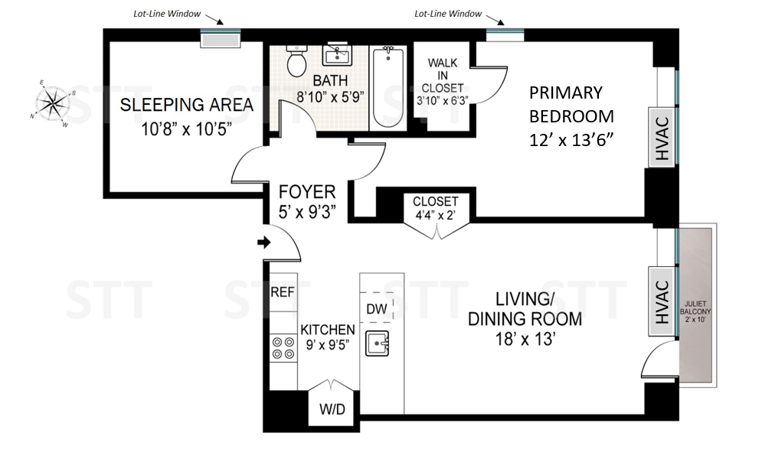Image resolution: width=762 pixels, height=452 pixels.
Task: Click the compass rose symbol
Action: coord(51,103)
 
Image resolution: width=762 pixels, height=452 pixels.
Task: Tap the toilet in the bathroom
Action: coord(296,61)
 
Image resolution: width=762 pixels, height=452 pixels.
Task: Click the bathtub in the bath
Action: coord(388,87)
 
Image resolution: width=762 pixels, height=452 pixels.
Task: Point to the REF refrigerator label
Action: coord(283,292)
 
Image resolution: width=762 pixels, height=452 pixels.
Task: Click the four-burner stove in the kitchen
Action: coord(283,348)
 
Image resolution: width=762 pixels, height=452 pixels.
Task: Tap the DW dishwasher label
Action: coord(377,309)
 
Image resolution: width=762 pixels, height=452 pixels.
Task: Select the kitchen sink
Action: coord(377,343)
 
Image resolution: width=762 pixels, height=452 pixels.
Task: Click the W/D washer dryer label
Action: coord(332,409)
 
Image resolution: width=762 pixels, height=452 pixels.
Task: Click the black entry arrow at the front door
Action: coord(264,242)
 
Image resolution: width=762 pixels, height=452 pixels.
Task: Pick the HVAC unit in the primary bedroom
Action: coord(662,138)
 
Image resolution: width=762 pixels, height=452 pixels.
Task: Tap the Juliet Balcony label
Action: coord(695,311)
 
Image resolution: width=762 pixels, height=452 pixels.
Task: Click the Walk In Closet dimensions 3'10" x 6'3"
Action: coord(442,100)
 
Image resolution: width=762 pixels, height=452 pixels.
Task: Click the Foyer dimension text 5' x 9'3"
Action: coord(307,212)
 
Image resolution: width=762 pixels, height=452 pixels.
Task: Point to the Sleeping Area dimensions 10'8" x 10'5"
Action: coord(186,129)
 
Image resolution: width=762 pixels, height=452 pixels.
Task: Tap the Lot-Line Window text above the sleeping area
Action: coord(167,14)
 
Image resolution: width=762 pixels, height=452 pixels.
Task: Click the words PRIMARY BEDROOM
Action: coord(571,104)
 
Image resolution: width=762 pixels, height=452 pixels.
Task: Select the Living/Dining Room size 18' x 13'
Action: coord(525,339)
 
